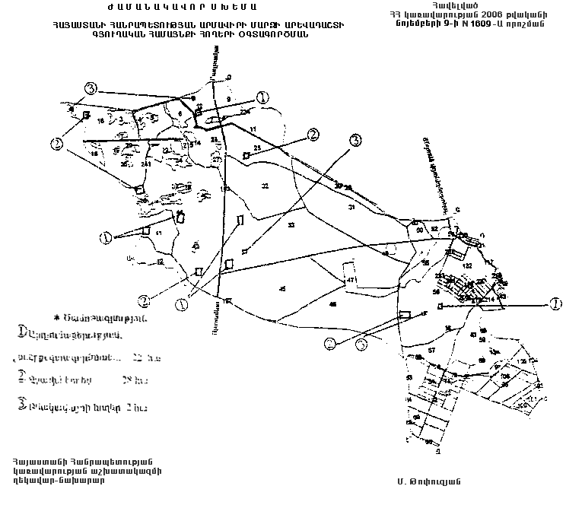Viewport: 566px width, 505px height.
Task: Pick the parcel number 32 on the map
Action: click(265, 186)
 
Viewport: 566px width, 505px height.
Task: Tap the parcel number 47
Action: click(351, 281)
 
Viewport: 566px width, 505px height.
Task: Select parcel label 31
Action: click(351, 207)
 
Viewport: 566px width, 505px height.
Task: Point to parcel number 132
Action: click(468, 265)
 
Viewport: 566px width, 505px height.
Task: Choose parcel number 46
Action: click(332, 304)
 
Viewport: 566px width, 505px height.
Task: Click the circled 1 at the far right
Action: click(556, 303)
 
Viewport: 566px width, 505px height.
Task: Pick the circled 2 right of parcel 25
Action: click(312, 134)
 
